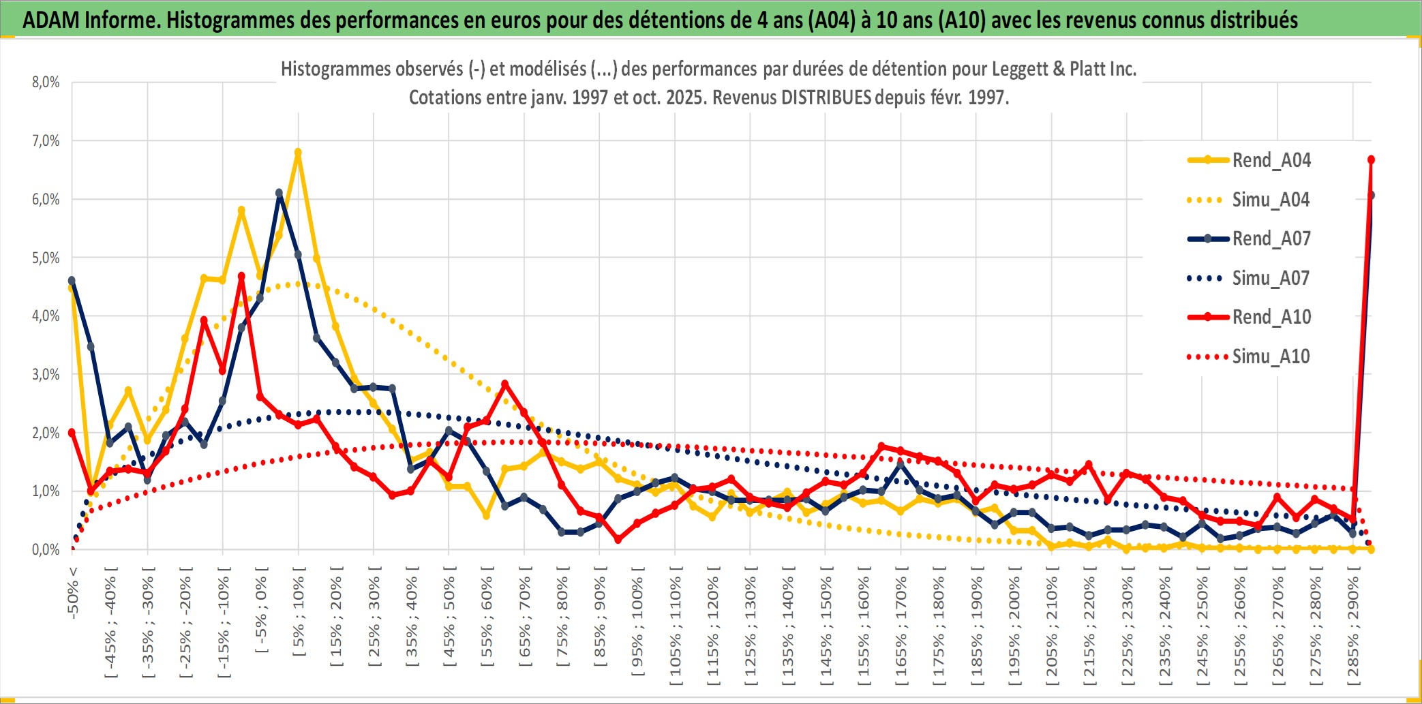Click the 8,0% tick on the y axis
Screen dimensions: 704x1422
point(46,82)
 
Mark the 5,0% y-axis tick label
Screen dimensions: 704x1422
point(46,258)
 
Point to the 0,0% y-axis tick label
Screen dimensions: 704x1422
point(46,549)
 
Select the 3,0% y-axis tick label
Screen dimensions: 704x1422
point(46,375)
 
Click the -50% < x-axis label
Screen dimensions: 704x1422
point(73,592)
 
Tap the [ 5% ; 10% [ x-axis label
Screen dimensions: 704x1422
point(299,617)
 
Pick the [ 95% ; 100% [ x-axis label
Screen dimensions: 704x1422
point(637,627)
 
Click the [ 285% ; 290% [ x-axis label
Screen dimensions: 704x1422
point(1353,630)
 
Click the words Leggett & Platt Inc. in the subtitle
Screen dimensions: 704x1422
point(1063,69)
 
